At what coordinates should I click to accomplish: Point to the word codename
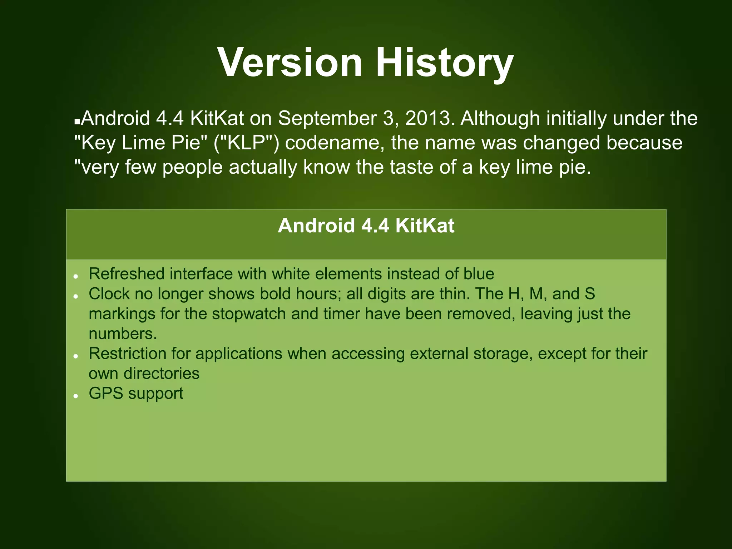pos(335,143)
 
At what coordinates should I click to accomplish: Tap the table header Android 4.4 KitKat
pos(366,226)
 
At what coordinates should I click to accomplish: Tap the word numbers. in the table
pos(123,334)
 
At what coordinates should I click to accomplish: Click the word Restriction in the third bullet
pos(127,353)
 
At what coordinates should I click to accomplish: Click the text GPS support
pos(136,394)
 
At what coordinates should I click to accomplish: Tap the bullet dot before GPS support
pos(76,396)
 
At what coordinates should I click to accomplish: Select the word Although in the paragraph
pos(500,118)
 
